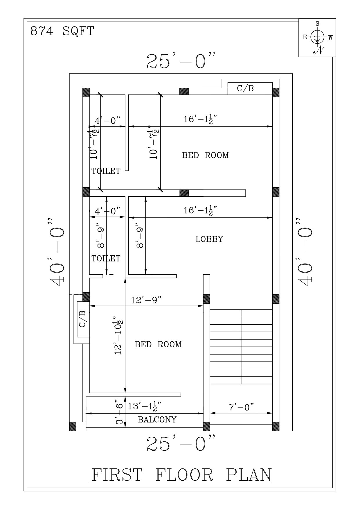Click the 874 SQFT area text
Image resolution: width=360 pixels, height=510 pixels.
tap(62, 31)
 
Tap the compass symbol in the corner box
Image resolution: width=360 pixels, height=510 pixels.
tap(317, 37)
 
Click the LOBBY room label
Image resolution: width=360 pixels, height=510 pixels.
tap(209, 239)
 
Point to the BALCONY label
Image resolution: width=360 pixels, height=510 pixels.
tap(157, 420)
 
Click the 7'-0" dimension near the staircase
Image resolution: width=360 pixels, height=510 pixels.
tap(241, 407)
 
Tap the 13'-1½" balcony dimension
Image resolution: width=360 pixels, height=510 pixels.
tap(145, 406)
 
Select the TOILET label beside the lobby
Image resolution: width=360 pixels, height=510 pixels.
tap(106, 258)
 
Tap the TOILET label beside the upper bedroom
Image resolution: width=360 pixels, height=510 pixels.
tap(106, 171)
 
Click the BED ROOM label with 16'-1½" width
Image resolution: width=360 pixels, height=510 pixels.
tap(205, 155)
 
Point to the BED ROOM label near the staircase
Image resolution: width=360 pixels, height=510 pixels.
tap(158, 344)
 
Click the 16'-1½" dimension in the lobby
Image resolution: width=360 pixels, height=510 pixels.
tap(200, 210)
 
